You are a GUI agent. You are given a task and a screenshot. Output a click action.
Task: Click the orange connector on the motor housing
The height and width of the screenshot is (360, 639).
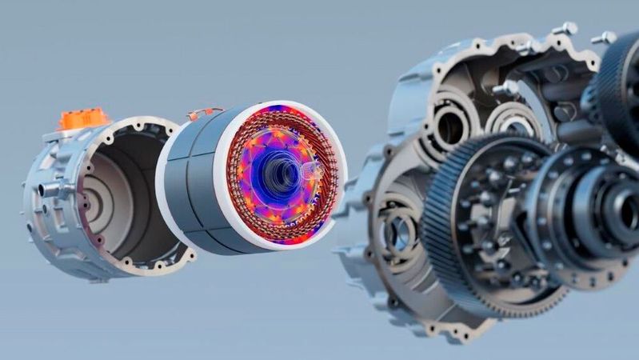click(x=83, y=119)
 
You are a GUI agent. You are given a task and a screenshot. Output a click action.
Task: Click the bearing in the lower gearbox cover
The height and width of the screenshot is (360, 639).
click(x=397, y=232)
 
